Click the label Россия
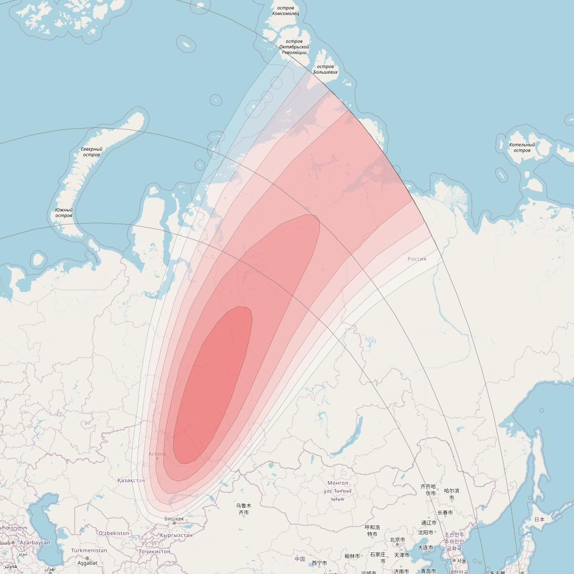click(x=417, y=259)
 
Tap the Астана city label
click(x=157, y=454)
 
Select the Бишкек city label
click(x=174, y=519)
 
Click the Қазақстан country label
click(x=131, y=481)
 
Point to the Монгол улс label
click(x=338, y=487)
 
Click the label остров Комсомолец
click(x=286, y=11)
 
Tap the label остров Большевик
click(x=325, y=70)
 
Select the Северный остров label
click(x=91, y=152)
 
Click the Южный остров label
click(x=63, y=213)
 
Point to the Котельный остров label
click(x=522, y=147)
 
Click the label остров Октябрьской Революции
click(x=294, y=47)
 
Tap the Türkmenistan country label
click(x=89, y=551)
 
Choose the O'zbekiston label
click(x=114, y=533)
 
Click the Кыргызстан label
click(x=176, y=535)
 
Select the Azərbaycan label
click(x=35, y=543)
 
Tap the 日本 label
click(x=539, y=519)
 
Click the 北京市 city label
click(x=397, y=540)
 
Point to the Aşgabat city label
click(x=87, y=563)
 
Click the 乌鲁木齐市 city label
click(x=243, y=509)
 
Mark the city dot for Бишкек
click(x=174, y=523)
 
